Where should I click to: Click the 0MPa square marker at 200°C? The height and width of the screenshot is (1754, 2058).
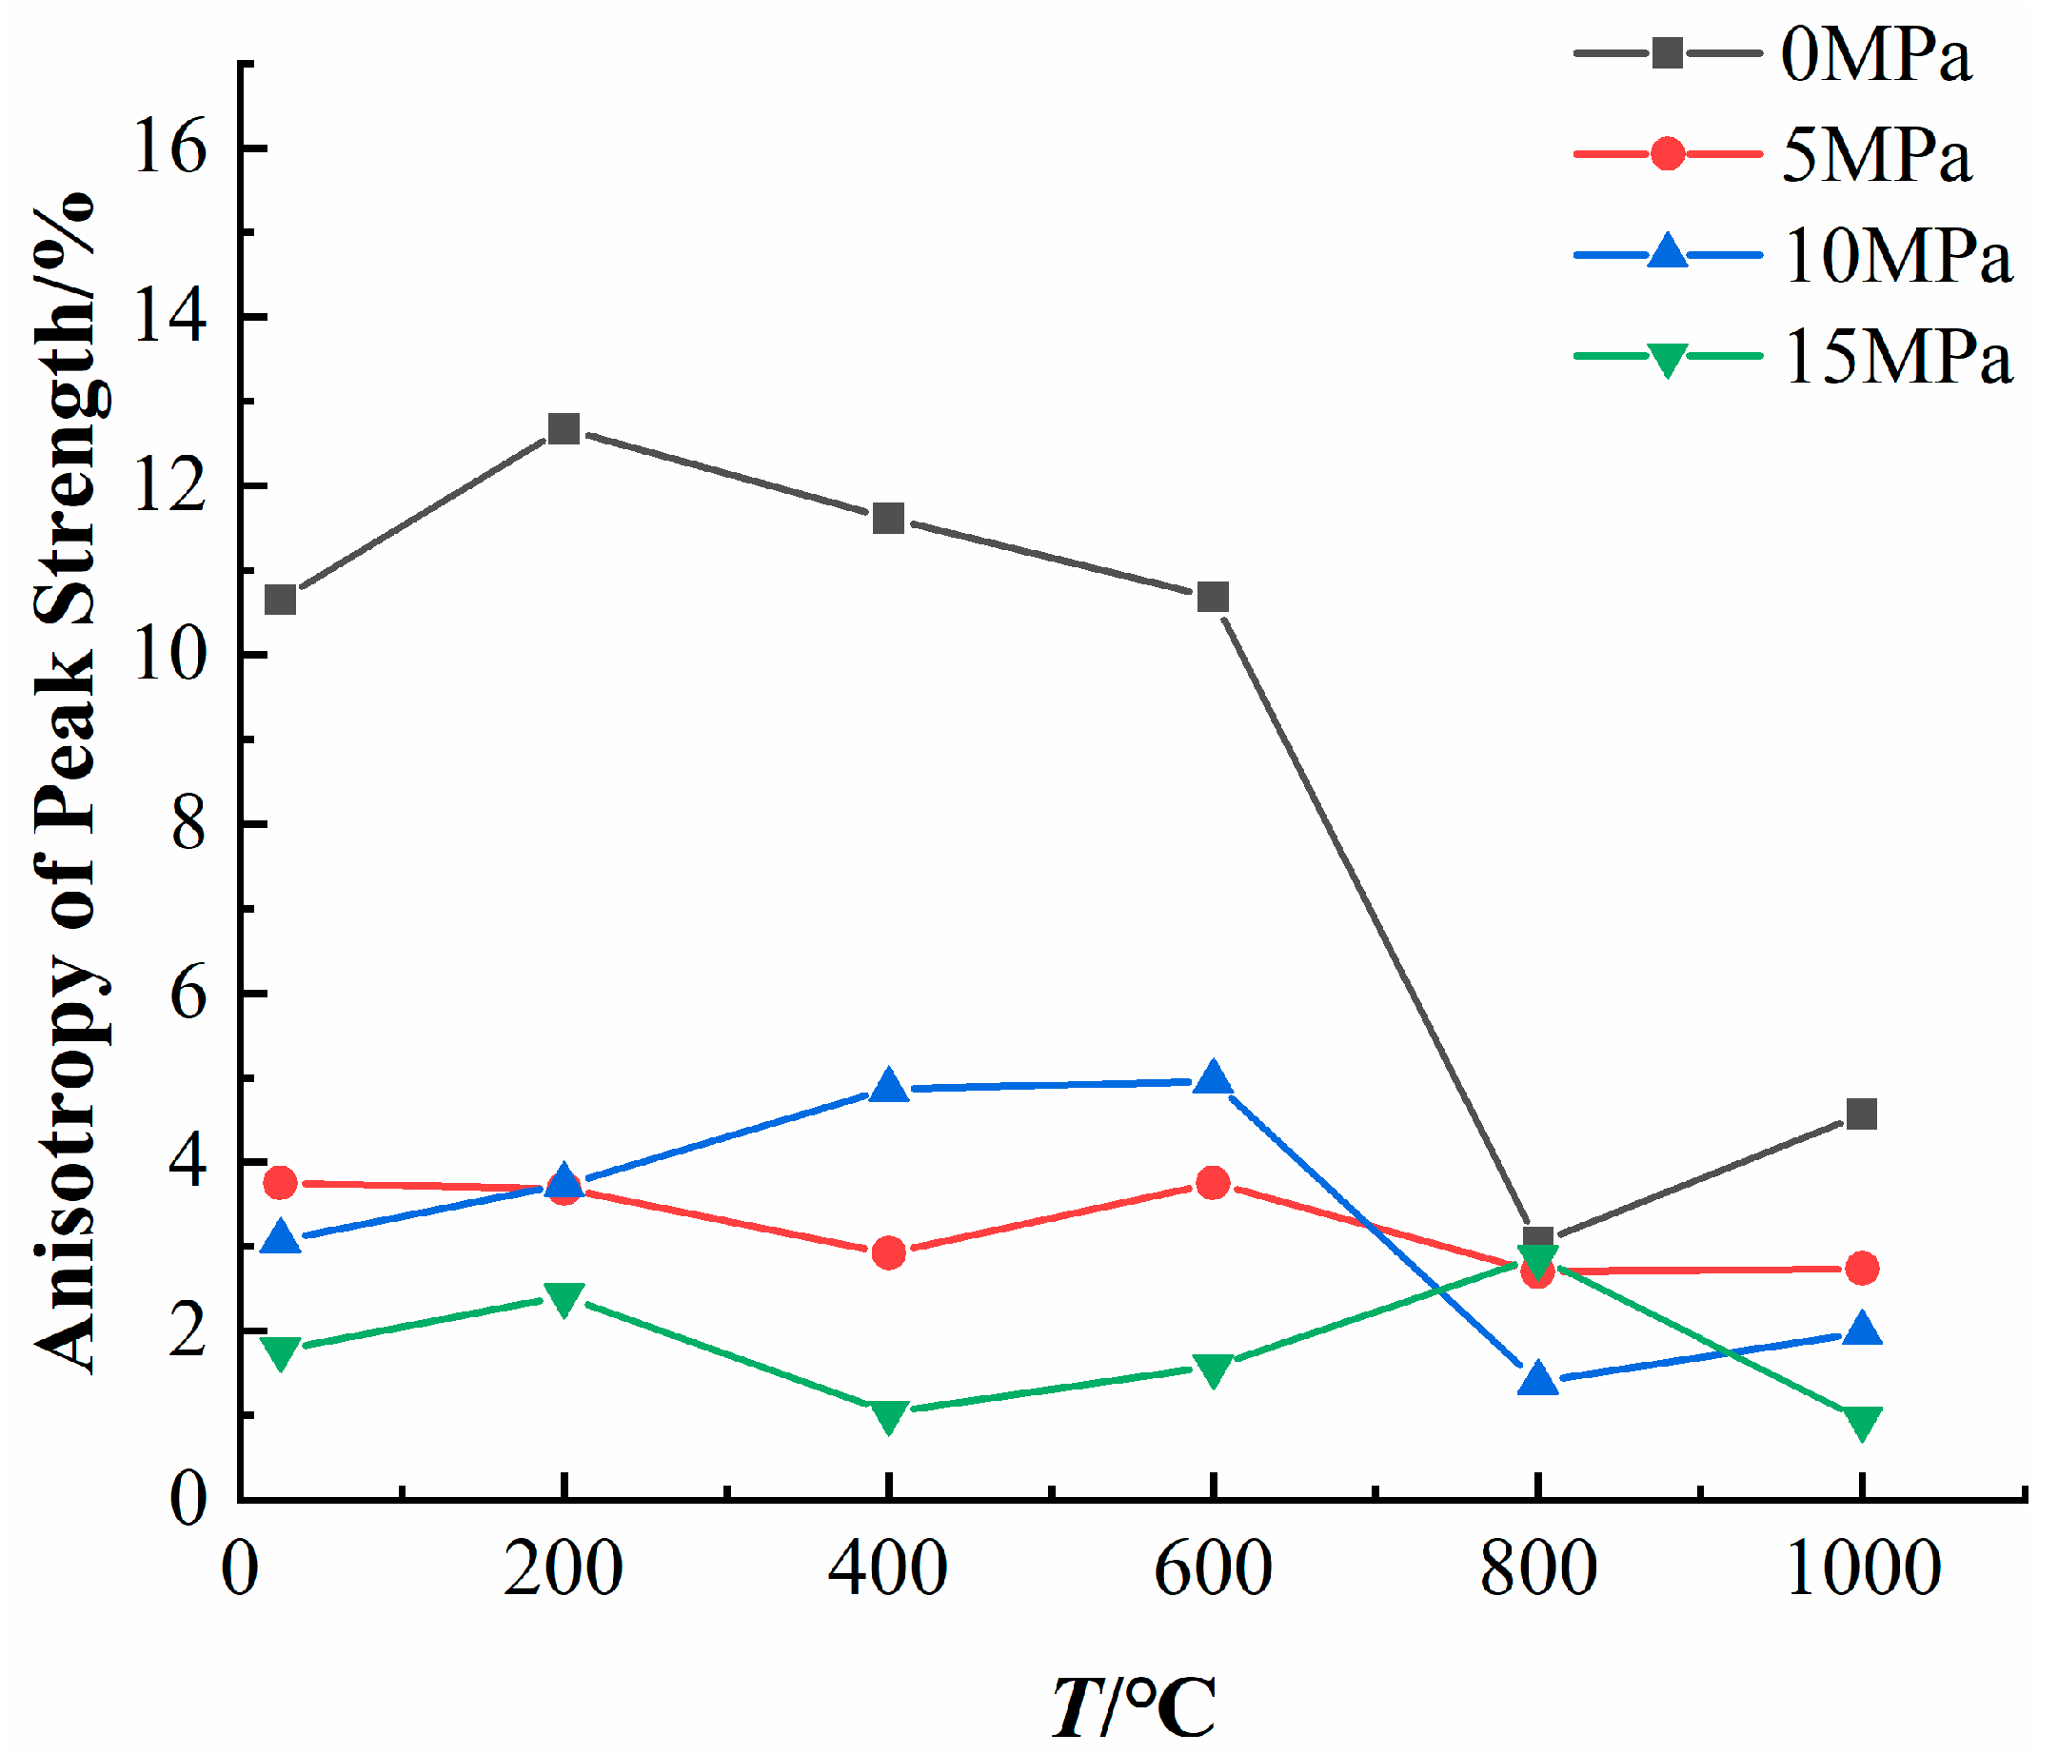[x=564, y=429]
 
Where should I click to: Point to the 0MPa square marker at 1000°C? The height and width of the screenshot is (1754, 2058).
[x=1860, y=1113]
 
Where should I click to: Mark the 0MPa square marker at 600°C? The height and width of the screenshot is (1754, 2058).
[x=1213, y=597]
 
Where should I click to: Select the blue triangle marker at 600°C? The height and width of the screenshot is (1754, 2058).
[x=1213, y=1077]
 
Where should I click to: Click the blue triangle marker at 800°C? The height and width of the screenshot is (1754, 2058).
[x=1537, y=1379]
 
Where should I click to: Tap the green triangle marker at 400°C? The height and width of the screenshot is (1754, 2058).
[x=888, y=1415]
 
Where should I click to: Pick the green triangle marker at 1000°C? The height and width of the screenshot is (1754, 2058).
[x=1860, y=1421]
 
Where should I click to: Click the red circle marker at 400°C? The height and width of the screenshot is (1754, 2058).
[x=888, y=1252]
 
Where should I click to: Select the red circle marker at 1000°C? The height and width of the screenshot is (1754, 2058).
[x=1860, y=1269]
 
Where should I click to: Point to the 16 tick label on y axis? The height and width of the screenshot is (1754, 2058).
[x=169, y=147]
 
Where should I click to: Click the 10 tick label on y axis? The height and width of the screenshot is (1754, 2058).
[x=169, y=655]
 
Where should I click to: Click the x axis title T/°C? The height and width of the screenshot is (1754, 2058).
[x=1134, y=1706]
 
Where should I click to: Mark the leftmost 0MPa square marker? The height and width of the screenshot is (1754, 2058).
[x=281, y=600]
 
